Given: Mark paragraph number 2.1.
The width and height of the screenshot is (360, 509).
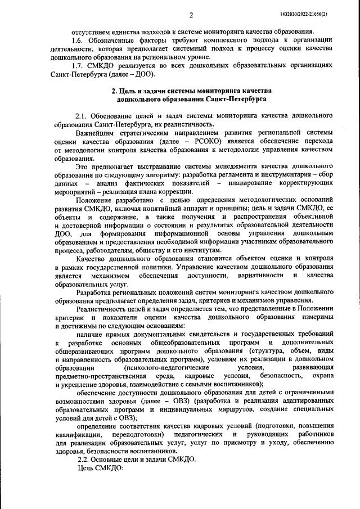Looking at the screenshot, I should tap(83, 116).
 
